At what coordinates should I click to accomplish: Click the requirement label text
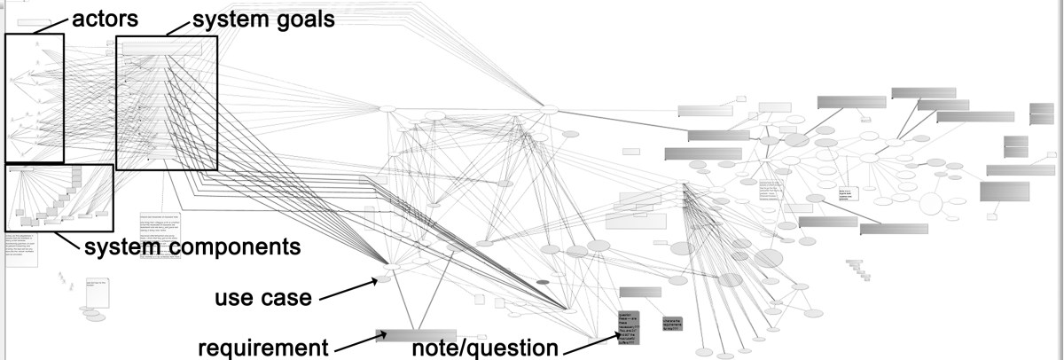click(262, 347)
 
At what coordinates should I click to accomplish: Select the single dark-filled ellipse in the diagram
click(543, 282)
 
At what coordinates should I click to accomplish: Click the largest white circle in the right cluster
click(930, 204)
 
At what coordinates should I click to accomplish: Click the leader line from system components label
click(66, 227)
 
